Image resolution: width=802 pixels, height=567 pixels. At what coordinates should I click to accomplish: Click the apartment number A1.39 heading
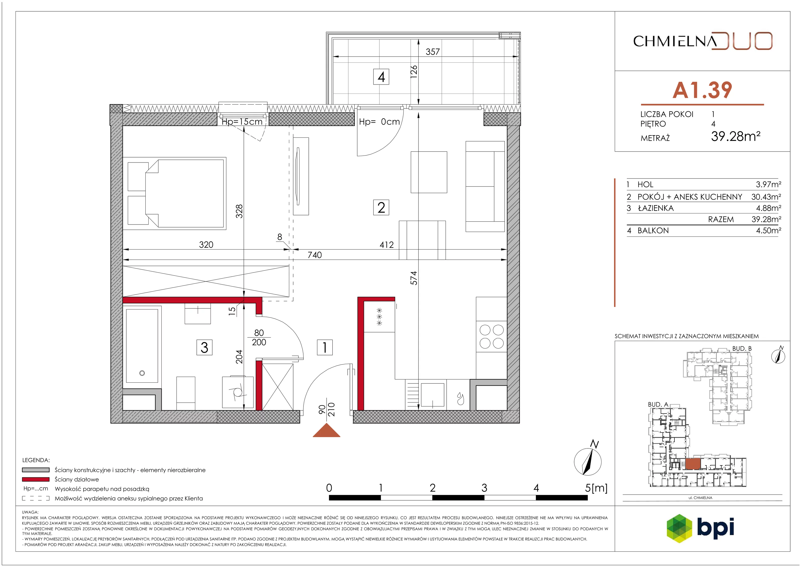click(x=702, y=90)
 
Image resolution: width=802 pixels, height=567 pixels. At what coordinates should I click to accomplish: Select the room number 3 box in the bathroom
click(x=204, y=348)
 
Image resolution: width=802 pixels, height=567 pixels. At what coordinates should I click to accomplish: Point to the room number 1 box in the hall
click(x=325, y=348)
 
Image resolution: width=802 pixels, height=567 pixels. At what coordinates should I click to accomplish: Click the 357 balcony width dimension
click(x=432, y=52)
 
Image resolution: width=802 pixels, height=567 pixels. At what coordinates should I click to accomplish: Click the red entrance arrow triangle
click(x=326, y=430)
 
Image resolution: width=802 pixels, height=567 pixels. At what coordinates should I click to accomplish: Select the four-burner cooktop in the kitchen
click(x=491, y=337)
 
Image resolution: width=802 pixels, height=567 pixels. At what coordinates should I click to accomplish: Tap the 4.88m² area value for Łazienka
click(x=768, y=208)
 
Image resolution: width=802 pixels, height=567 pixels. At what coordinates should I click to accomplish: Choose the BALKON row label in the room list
click(x=653, y=231)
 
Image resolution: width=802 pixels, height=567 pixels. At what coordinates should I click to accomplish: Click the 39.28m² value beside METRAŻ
click(x=736, y=136)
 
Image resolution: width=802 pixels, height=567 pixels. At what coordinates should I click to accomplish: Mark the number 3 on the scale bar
click(x=484, y=488)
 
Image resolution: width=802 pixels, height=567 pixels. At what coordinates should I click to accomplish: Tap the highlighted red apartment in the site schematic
click(x=693, y=464)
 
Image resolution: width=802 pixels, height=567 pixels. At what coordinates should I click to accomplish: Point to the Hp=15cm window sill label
click(x=242, y=122)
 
